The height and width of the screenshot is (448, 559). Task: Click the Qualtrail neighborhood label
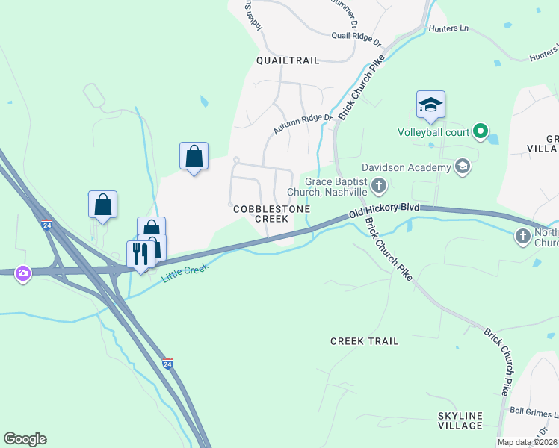tap(287, 60)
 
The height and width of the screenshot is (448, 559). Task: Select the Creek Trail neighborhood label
tap(364, 340)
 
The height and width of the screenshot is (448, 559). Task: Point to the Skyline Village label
tap(460, 420)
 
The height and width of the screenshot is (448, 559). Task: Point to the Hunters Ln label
tap(448, 28)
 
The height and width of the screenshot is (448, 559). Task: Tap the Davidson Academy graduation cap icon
tap(463, 166)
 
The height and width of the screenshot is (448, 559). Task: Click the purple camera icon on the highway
tap(23, 274)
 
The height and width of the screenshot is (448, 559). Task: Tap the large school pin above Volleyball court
tap(430, 105)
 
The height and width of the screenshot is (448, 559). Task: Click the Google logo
tap(25, 439)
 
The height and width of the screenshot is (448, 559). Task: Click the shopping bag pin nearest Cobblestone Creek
tap(194, 156)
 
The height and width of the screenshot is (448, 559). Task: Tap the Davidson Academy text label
tap(407, 167)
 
